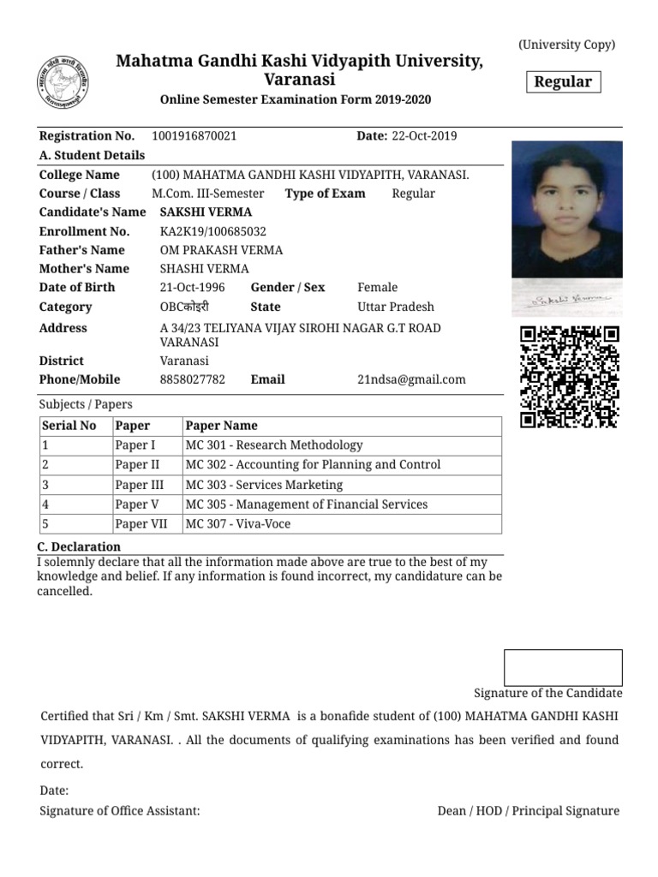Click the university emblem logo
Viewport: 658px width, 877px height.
(64, 82)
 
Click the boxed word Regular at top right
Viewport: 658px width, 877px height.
(563, 82)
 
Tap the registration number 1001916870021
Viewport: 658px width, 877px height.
(194, 136)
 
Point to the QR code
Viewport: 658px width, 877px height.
(569, 378)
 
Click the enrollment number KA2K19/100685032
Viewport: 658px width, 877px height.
(213, 231)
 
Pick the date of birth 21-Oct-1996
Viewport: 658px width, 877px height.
(192, 288)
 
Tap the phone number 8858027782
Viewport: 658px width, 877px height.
(193, 379)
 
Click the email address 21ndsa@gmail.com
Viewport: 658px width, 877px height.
(411, 379)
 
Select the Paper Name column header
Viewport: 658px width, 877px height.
(221, 426)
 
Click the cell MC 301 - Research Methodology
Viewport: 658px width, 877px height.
(274, 445)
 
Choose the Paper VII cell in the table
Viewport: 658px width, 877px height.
(142, 524)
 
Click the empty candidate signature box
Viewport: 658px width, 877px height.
(563, 667)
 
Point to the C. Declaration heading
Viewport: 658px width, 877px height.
(80, 546)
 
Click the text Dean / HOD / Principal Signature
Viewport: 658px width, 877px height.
(528, 810)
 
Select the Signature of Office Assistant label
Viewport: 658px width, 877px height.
(120, 810)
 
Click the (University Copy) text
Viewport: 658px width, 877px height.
(566, 45)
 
